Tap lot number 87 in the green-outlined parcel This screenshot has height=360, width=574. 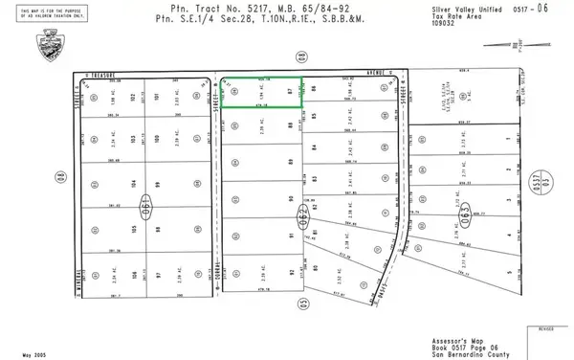tap(289, 93)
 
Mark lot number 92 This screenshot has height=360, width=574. tap(290, 273)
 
